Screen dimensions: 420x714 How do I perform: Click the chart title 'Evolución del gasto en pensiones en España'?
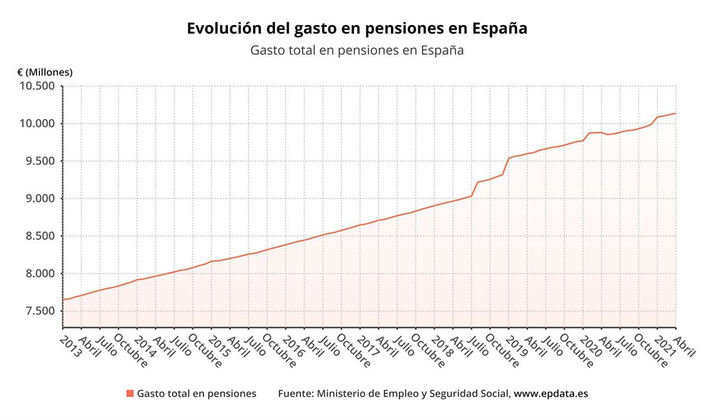357,29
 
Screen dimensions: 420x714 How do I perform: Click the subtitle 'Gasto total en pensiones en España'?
357,51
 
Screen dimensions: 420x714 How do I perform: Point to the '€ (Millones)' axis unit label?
45,72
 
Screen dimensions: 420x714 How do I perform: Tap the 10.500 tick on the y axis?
37,86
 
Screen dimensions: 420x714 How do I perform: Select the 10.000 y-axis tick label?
37,124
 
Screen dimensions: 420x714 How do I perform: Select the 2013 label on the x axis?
70,346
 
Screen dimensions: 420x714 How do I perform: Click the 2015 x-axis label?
219,346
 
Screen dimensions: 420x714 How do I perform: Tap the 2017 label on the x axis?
368,346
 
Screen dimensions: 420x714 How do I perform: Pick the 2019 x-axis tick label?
516,346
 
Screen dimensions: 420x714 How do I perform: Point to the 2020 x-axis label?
591,346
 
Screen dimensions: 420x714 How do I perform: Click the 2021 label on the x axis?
665,346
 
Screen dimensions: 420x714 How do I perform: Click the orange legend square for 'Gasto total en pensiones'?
130,394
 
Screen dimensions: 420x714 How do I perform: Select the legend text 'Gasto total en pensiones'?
196,394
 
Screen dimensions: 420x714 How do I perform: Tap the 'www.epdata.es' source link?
551,394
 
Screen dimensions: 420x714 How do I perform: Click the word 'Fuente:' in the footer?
296,394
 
